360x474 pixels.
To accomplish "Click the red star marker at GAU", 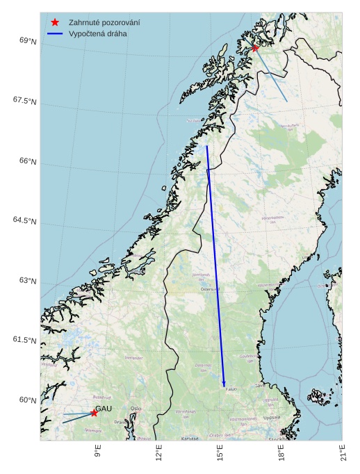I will pos(94,413).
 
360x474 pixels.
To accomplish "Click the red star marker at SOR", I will pos(255,48).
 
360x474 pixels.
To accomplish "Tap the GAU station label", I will pos(104,408).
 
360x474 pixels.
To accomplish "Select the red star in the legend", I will pos(56,23).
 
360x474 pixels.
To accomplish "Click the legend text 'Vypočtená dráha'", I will pos(98,33).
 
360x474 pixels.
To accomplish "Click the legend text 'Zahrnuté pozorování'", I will pos(104,23).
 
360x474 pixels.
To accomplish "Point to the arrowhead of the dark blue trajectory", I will pos(224,384).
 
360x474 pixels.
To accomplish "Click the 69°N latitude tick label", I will pos(28,42).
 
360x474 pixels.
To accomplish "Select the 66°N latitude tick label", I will pos(28,161).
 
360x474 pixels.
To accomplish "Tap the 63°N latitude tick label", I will pos(28,281).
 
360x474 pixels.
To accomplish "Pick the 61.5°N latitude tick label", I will pos(24,341).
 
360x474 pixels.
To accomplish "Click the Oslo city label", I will pos(136,409).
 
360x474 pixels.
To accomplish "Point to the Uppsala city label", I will pos(272,418).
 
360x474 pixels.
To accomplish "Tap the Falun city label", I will pos(231,389).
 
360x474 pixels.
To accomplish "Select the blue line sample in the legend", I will pos(56,33).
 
